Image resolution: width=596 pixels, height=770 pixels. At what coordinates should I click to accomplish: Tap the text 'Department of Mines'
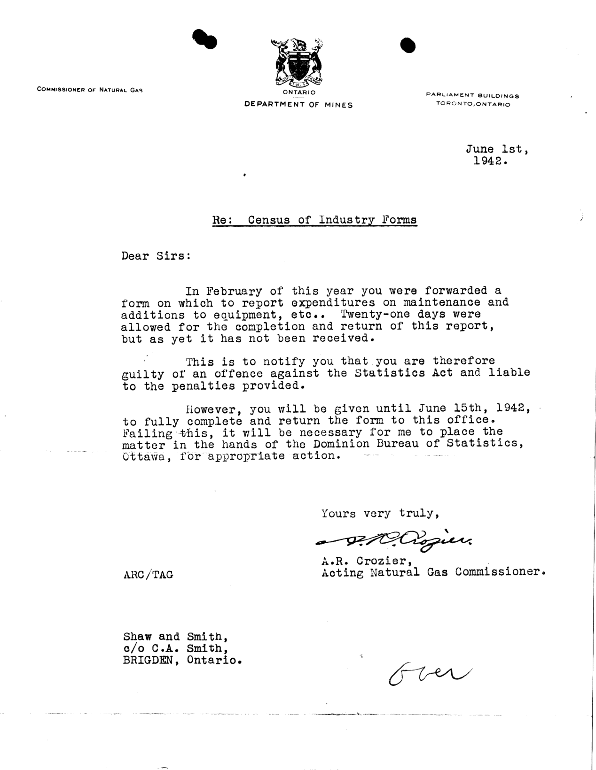coord(298,105)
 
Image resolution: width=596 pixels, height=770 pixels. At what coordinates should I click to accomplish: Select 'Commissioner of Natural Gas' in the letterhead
coord(90,89)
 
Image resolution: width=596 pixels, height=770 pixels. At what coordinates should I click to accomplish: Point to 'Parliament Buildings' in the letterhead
coord(472,95)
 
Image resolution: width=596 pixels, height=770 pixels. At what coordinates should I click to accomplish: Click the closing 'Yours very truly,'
coord(380,513)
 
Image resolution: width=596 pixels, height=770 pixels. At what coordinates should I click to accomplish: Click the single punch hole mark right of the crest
coord(408,45)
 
